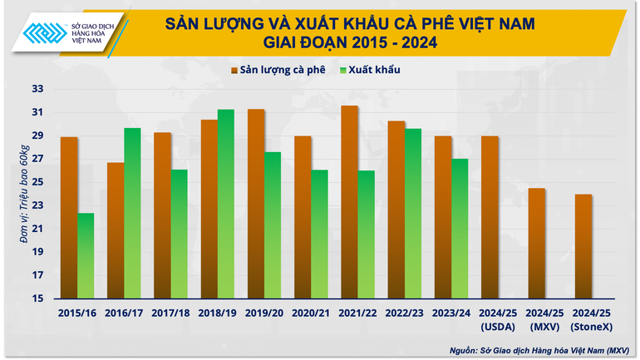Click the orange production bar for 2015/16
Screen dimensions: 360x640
69,218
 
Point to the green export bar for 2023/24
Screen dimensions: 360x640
460,229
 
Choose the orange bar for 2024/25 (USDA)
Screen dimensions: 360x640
490,217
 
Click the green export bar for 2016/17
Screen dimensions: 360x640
132,214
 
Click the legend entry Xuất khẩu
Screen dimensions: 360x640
370,70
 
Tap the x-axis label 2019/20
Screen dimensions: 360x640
264,313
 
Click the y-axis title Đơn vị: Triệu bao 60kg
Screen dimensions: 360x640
25,193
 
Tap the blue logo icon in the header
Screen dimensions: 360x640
42,32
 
